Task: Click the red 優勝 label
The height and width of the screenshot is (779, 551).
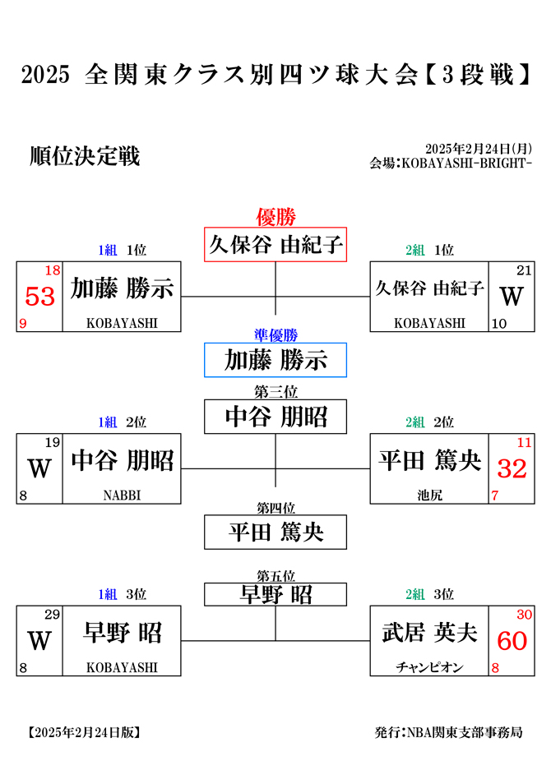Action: pos(276,217)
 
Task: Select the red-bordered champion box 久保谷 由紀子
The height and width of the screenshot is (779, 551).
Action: pos(275,244)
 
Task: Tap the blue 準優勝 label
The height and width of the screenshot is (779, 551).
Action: pos(276,335)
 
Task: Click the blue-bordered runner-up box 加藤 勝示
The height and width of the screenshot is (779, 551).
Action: pos(275,360)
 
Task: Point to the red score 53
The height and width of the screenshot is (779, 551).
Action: pos(39,297)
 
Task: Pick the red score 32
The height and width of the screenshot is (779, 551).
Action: pos(512,468)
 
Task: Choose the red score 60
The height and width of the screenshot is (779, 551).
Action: pos(512,641)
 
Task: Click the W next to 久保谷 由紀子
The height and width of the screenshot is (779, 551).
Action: pos(512,297)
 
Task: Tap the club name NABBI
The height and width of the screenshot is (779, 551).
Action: pos(122,496)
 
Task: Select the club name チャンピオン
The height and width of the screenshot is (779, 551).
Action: pos(429,667)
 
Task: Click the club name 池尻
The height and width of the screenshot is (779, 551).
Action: pos(429,496)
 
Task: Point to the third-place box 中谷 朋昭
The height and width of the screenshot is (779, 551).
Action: pos(275,417)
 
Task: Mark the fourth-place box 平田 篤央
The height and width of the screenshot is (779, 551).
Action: pos(275,532)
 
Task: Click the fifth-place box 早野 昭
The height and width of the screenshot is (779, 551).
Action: pos(275,595)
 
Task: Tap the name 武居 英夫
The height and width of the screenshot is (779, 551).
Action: pos(429,633)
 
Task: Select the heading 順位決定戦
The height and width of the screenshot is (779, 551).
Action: pos(85,156)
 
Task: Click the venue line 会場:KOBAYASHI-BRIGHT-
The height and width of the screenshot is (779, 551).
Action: pos(451,163)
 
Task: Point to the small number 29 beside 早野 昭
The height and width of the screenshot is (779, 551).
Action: pos(52,615)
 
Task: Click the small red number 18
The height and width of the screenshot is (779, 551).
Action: pos(52,270)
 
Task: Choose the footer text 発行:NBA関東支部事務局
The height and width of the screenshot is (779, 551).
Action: pos(448,732)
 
